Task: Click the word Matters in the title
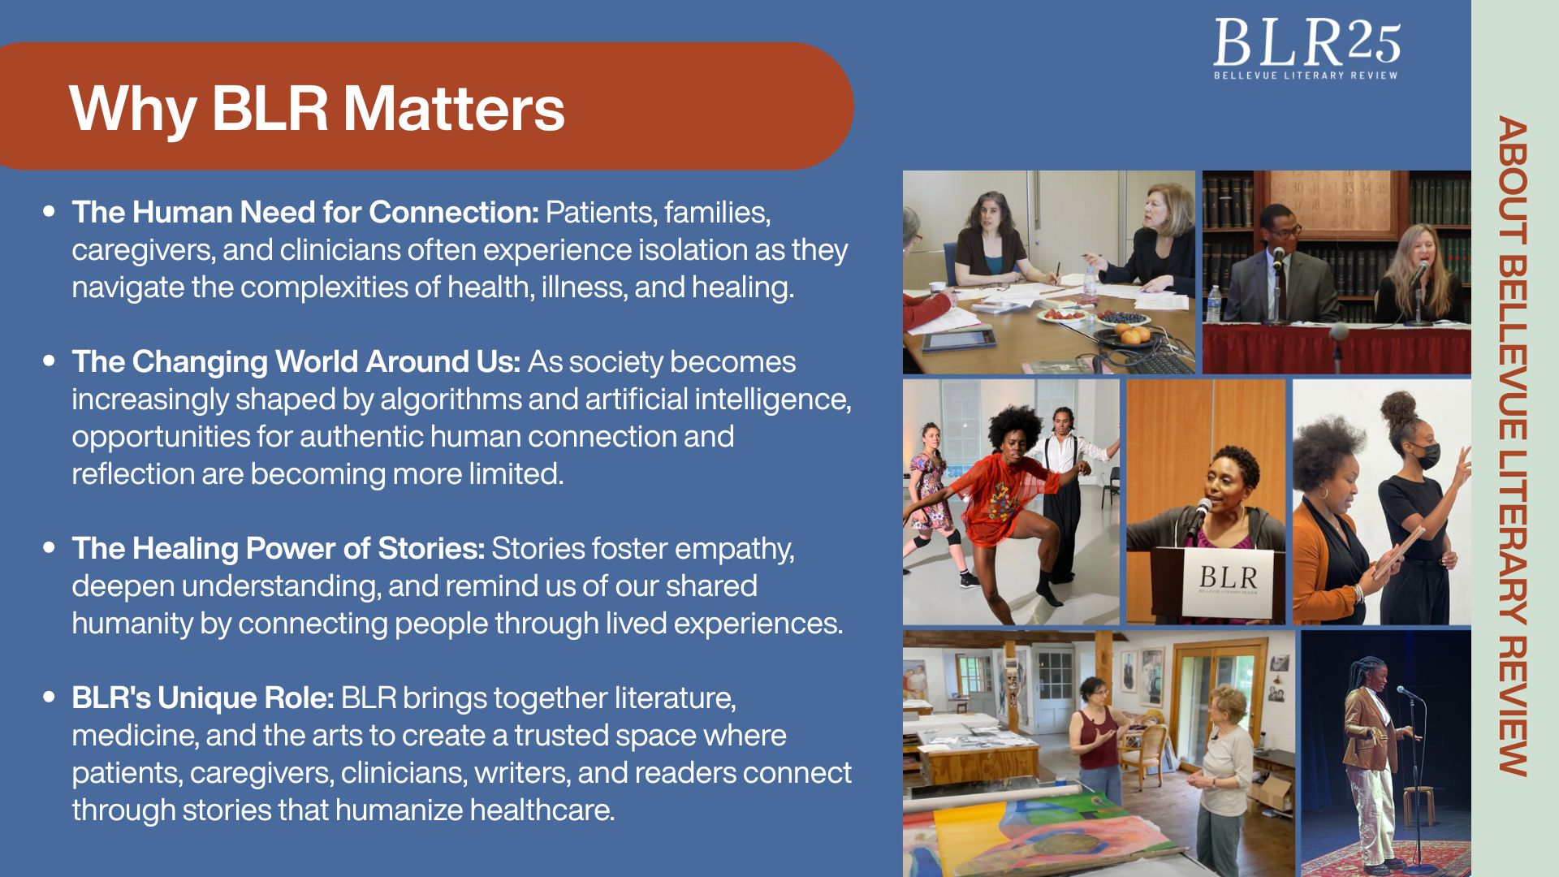(x=453, y=108)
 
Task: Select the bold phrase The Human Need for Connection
(x=305, y=212)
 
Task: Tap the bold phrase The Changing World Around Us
(x=296, y=361)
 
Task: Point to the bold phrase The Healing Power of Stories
(x=279, y=548)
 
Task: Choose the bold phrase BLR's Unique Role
(x=203, y=698)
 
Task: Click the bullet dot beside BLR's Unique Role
(x=50, y=697)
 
